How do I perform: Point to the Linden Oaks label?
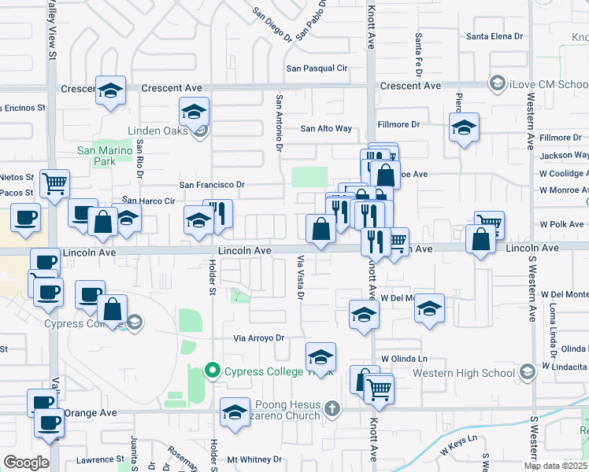click(x=158, y=131)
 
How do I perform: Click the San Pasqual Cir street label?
click(x=317, y=68)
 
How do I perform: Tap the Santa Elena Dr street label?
click(x=495, y=36)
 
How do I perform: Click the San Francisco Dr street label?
click(x=213, y=185)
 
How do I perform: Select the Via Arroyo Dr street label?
click(x=257, y=338)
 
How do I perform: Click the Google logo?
click(x=26, y=463)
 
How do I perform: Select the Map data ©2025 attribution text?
click(x=556, y=466)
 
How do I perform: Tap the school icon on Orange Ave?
click(x=235, y=413)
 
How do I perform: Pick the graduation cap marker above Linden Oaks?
click(x=194, y=112)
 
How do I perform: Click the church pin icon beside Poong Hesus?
click(x=332, y=408)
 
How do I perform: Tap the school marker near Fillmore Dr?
click(x=465, y=127)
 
